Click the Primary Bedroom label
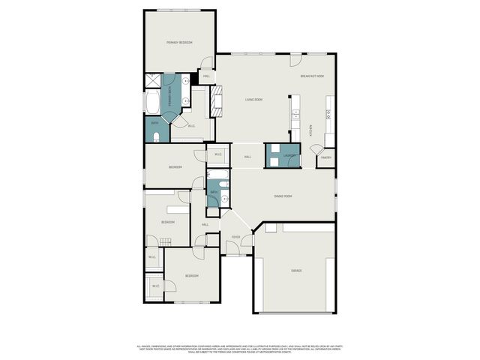179,43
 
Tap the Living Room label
253,100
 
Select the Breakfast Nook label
312,76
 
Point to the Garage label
296,270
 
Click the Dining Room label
283,196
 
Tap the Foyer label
235,237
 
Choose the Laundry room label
289,156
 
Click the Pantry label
325,157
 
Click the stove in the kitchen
328,114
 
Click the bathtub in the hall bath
217,178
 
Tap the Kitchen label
311,128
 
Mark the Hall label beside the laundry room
247,157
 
